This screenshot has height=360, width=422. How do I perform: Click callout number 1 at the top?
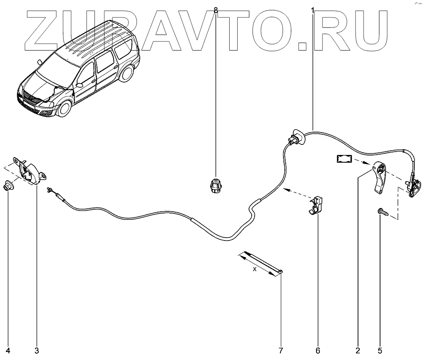click(313, 9)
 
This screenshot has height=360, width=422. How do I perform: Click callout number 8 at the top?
click(216, 9)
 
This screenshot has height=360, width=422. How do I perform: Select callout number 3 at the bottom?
click(36, 351)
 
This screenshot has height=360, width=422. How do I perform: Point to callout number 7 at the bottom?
click(280, 351)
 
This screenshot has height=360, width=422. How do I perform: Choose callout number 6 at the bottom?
click(318, 351)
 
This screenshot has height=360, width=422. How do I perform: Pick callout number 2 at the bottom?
click(358, 351)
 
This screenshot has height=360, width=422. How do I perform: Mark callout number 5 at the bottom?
click(380, 351)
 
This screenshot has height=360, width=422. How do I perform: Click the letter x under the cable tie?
click(254, 269)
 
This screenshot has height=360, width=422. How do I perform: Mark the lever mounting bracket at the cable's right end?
click(414, 186)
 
